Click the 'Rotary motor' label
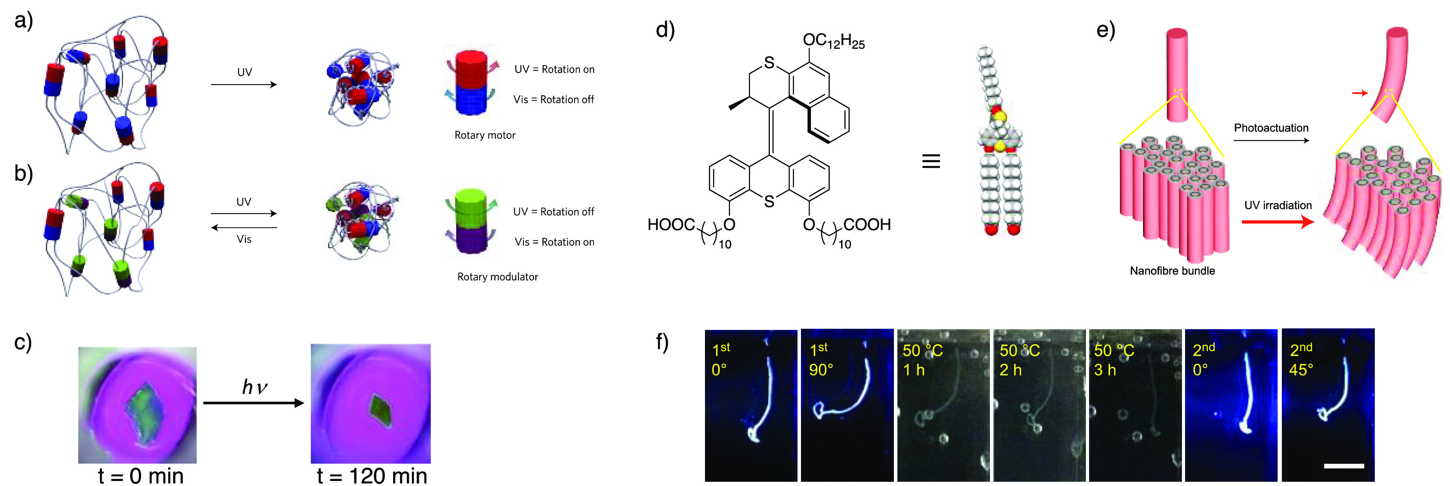[485, 135]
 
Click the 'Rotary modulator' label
[497, 277]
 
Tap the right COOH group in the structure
[867, 225]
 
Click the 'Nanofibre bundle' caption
[1172, 271]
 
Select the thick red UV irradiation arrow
[1278, 222]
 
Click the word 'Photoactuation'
[1271, 128]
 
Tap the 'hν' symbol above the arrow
[255, 387]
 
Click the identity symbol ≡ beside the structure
[931, 161]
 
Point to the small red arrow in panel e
[1359, 93]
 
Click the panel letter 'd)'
[665, 29]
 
